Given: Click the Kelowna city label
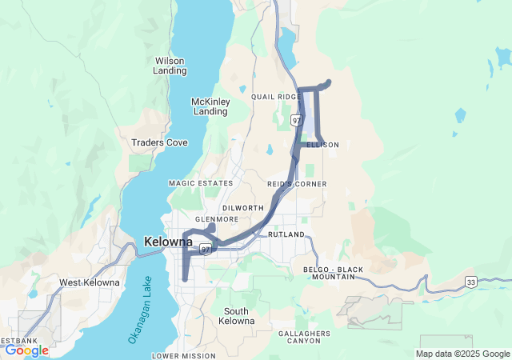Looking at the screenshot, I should click(x=168, y=241).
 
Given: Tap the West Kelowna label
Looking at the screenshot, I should click(x=90, y=282).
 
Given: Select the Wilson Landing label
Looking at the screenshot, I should click(x=170, y=66).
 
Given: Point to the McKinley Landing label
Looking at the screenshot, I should click(x=210, y=106).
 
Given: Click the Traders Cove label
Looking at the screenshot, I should click(x=159, y=142).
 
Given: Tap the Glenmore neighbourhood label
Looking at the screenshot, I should click(x=217, y=219).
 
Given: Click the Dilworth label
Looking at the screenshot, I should click(x=243, y=208).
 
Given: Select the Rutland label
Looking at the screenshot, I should click(x=286, y=234).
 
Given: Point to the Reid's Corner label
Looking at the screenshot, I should click(x=297, y=184).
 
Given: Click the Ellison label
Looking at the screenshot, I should click(x=322, y=145).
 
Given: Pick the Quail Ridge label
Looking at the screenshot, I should click(x=275, y=97).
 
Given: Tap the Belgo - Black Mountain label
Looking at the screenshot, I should click(x=328, y=273).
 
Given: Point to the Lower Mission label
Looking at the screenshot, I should click(x=183, y=355).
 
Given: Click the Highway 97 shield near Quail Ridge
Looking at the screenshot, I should click(x=297, y=120).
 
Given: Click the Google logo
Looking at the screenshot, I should click(x=26, y=350).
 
